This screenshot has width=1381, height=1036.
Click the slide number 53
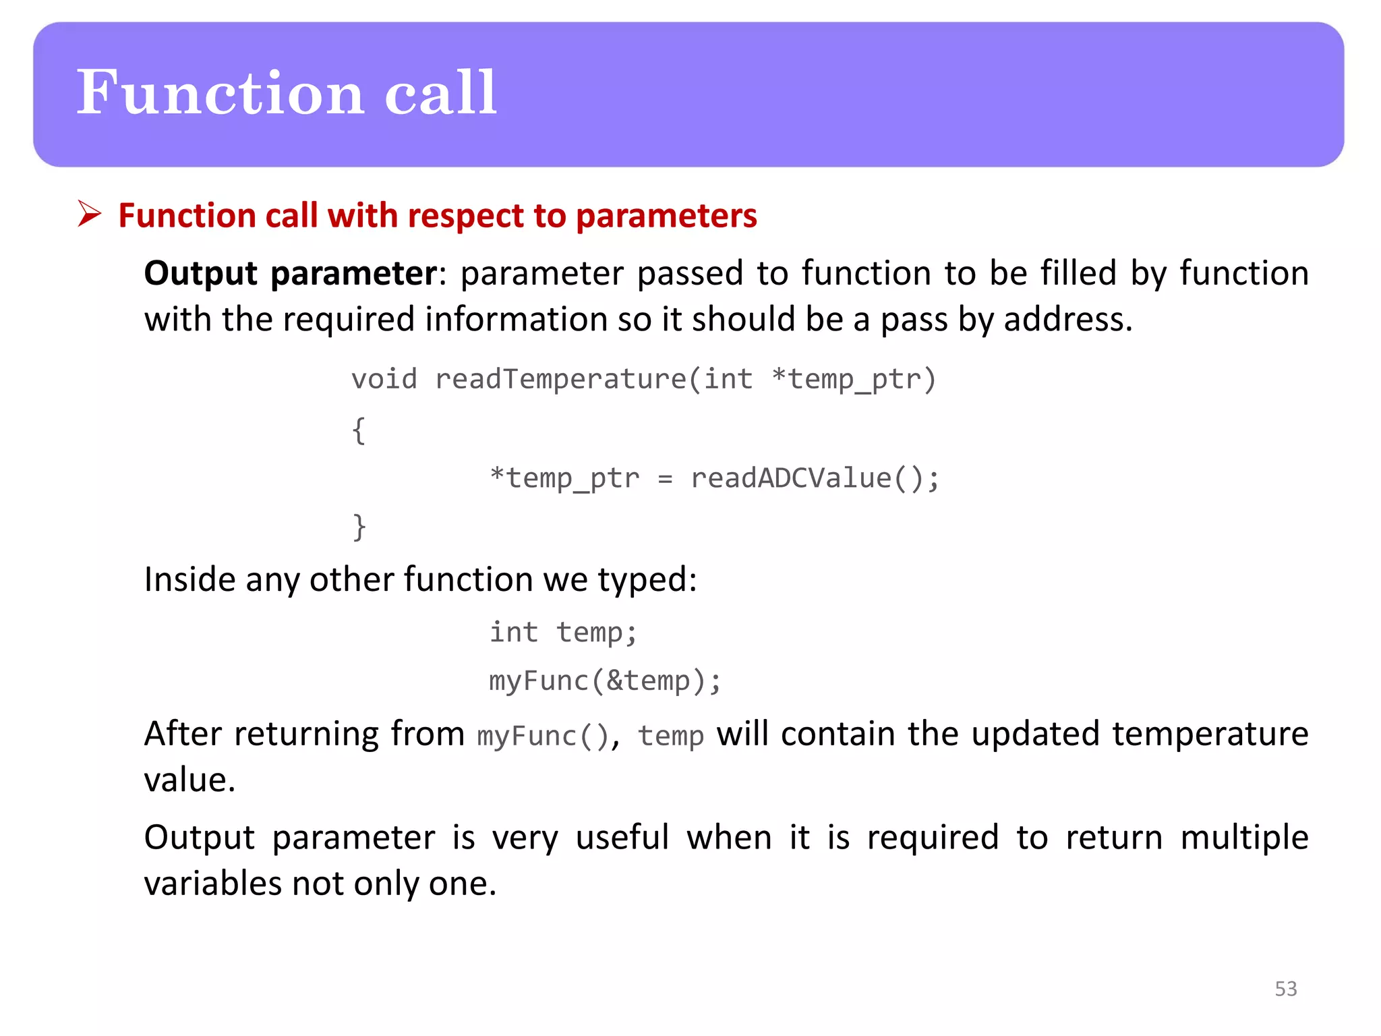tap(1285, 989)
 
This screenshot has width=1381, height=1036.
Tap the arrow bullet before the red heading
tap(89, 214)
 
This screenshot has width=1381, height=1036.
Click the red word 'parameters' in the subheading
tap(666, 216)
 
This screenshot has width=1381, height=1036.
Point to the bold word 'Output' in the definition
tap(201, 274)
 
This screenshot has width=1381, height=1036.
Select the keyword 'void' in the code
tap(384, 379)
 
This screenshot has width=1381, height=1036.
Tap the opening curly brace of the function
tap(359, 430)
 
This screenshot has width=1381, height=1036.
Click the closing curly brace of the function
tap(359, 527)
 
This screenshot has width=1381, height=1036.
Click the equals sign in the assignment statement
tap(665, 479)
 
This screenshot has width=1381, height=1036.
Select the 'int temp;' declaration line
tap(563, 633)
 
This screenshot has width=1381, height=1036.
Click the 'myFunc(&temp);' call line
tap(605, 681)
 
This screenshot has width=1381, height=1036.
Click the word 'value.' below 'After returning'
tap(189, 780)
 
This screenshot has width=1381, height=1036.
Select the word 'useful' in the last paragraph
tap(622, 838)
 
